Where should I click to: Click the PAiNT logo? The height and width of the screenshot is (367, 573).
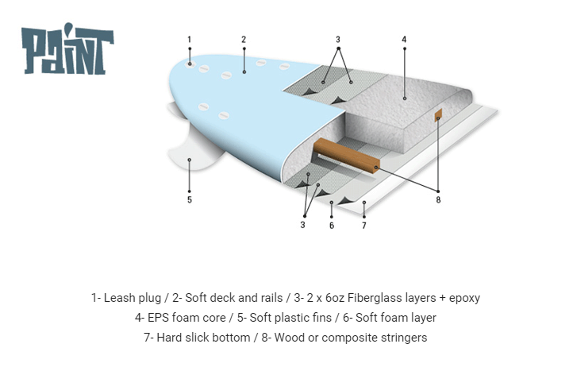tap(67, 49)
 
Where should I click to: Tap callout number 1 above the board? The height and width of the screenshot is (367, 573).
tap(190, 39)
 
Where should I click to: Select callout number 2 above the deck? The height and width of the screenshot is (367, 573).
tap(244, 39)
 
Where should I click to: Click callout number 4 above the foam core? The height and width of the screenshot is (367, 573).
tap(404, 39)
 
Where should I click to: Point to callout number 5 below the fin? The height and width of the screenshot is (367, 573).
tap(190, 199)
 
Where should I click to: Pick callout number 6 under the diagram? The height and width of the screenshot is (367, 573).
tap(332, 226)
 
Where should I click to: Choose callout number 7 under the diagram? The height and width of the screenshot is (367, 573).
tap(364, 226)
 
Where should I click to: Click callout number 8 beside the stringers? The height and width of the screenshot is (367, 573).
tap(438, 199)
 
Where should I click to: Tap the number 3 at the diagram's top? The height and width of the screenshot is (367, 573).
tap(338, 39)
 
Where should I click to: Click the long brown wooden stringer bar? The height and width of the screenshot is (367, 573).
tap(347, 155)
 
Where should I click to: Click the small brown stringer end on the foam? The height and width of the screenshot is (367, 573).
tap(438, 115)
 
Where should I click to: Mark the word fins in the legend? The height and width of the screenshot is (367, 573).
tap(322, 318)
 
